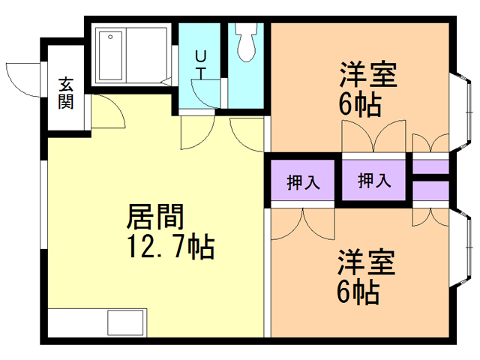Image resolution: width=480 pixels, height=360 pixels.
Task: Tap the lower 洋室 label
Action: click(366, 264)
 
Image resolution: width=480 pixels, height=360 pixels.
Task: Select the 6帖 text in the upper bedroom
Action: click(360, 103)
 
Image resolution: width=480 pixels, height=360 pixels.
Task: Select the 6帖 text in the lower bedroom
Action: click(358, 292)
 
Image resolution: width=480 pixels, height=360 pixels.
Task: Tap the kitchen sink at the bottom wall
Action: click(127, 322)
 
